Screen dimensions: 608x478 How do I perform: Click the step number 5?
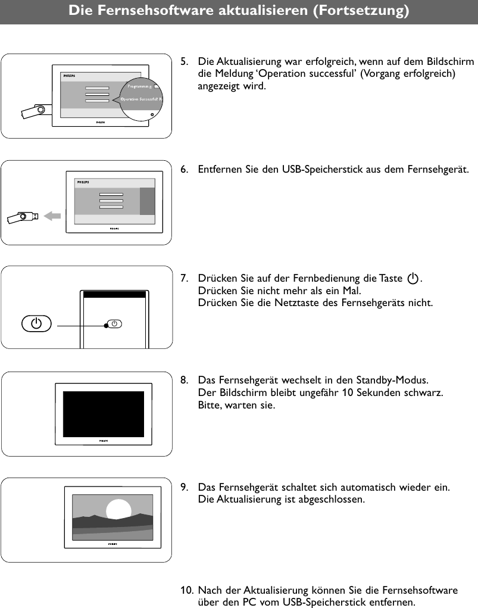click(x=185, y=62)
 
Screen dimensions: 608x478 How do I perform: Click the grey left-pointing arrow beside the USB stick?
click(x=53, y=216)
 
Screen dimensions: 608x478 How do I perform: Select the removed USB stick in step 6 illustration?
click(x=23, y=217)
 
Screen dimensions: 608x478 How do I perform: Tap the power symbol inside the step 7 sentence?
click(x=413, y=279)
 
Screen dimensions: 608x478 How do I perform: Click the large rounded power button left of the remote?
click(x=36, y=324)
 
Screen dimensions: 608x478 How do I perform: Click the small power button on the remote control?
click(x=116, y=324)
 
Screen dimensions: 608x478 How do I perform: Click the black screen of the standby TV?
click(x=104, y=413)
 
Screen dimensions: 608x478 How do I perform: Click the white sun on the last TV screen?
click(x=118, y=510)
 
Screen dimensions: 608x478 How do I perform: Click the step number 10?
click(x=186, y=591)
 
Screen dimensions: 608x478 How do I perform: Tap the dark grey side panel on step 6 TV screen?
click(x=147, y=201)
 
